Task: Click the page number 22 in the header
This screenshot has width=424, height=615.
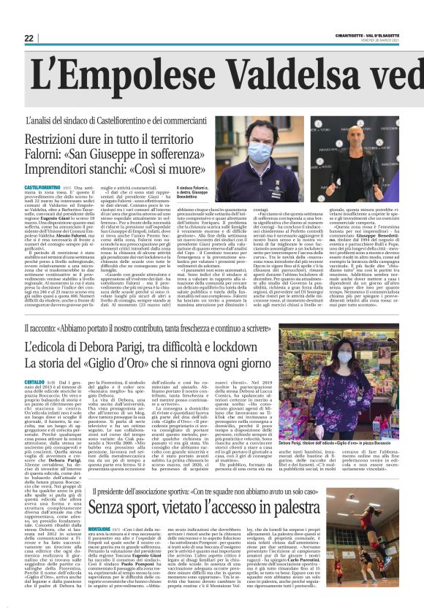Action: (29, 38)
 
